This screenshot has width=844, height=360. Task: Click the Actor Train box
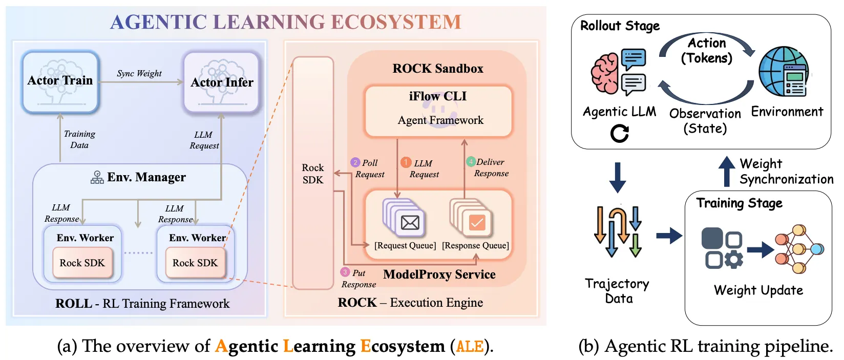tap(60, 82)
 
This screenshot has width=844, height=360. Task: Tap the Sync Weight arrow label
tap(139, 73)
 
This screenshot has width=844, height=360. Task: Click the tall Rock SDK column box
tap(313, 174)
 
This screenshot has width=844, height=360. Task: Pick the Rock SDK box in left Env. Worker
tap(82, 263)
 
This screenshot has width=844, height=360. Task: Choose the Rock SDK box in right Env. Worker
tap(195, 263)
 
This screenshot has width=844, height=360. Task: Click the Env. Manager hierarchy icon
tap(97, 178)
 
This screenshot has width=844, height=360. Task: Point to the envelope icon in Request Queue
tap(410, 222)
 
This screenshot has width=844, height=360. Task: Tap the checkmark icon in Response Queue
tap(477, 222)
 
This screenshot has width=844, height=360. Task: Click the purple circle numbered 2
tap(355, 162)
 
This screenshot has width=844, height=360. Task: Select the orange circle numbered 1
tap(406, 162)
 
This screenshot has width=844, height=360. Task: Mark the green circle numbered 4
tap(471, 162)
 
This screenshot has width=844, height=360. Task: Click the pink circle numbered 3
tap(345, 272)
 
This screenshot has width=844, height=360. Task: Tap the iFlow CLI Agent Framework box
tap(438, 111)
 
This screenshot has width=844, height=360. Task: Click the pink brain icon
tap(605, 74)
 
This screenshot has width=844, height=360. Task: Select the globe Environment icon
tap(783, 72)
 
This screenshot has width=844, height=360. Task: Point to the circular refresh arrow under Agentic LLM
tap(619, 134)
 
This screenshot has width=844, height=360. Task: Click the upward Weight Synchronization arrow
tap(726, 171)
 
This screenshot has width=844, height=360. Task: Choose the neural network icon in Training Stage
tap(798, 249)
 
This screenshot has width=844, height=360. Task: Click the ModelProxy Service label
tap(439, 274)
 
